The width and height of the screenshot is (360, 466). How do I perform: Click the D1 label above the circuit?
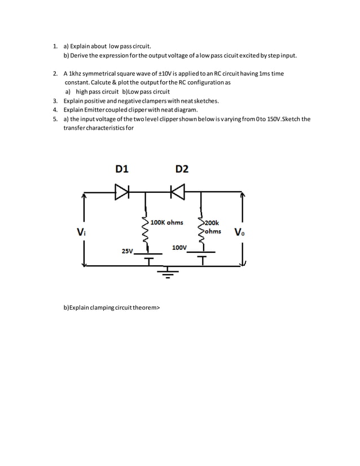pyautogui.click(x=122, y=169)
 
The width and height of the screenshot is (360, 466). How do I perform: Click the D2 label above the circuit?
pyautogui.click(x=182, y=169)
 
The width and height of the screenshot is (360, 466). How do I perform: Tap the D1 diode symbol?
pyautogui.click(x=122, y=192)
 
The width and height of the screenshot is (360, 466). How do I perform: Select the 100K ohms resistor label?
pyautogui.click(x=167, y=222)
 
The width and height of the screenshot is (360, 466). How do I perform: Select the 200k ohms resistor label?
pyautogui.click(x=213, y=227)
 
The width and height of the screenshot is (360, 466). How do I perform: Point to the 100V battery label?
pyautogui.click(x=179, y=247)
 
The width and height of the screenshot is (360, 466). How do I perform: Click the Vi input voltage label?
pyautogui.click(x=80, y=231)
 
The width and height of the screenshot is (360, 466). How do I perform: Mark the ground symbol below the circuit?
pyautogui.click(x=167, y=274)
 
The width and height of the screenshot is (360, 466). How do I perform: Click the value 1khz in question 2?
pyautogui.click(x=75, y=74)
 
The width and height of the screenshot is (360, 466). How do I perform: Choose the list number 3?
pyautogui.click(x=55, y=100)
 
